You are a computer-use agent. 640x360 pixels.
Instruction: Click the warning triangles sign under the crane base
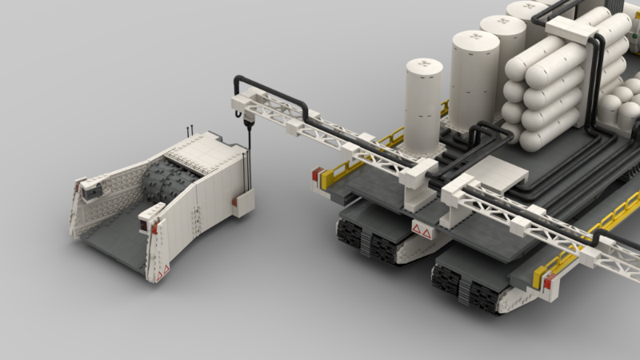pos(421,233)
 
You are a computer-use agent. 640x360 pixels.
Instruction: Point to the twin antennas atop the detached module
pos(190,129)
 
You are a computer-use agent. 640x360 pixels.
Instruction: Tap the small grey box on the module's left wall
pos(90,189)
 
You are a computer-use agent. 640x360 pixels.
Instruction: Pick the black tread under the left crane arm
pos(368,239)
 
